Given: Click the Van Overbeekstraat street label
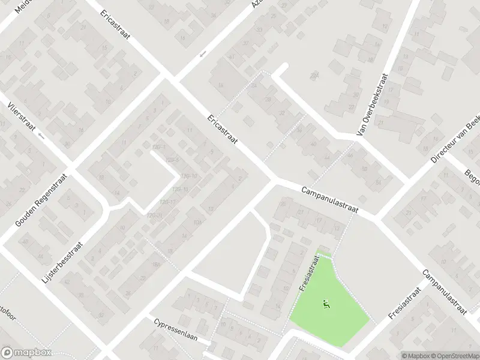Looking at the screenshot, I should (x=372, y=104).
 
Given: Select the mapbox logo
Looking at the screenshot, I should (x=26, y=353).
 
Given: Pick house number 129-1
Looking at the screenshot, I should (x=159, y=147).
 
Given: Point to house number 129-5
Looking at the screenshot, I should (x=173, y=160).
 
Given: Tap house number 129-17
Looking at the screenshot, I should (x=167, y=202).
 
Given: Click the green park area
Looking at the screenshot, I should (x=336, y=318).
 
